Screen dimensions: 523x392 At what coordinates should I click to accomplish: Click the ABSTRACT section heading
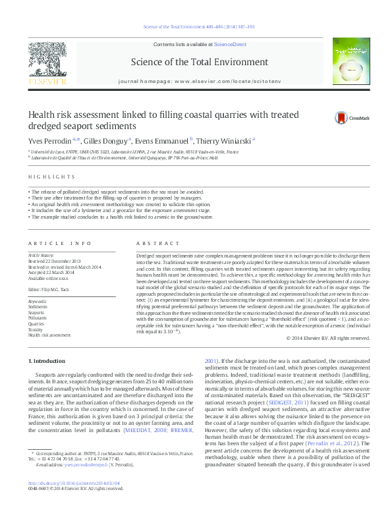point(152,243)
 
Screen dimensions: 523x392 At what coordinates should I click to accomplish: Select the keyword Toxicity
point(36,329)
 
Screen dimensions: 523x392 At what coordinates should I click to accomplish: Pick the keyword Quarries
point(37,324)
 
